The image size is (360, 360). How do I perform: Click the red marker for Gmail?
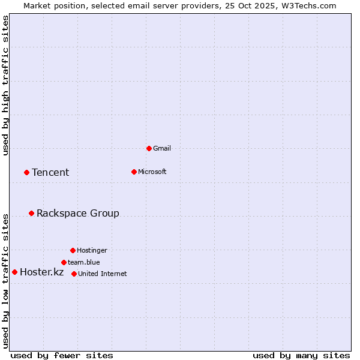coord(149,148)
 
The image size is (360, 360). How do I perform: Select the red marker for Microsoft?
coord(134,172)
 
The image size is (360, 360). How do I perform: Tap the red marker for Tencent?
coord(26,172)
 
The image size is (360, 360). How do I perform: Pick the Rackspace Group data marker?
coord(31,213)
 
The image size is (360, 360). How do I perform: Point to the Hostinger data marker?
coord(73,250)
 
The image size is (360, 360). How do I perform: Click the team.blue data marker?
coord(64,262)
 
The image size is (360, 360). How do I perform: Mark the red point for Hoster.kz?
coord(14,272)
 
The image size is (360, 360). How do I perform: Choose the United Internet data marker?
coord(74,274)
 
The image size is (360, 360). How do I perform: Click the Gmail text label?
coord(162,148)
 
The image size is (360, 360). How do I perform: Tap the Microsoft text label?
coord(152,172)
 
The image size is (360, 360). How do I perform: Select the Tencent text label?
coord(50,173)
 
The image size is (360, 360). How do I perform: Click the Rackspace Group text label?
coord(78,214)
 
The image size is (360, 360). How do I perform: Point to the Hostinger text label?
coord(92,250)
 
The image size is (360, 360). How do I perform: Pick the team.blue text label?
coord(84,262)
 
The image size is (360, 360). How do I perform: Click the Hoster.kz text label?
coord(41,272)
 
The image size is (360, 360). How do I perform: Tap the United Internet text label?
coord(102,274)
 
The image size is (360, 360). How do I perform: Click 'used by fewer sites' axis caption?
coord(61,355)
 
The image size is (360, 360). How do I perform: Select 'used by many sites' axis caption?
coord(301,355)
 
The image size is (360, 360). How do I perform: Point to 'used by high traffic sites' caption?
coord(5,85)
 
